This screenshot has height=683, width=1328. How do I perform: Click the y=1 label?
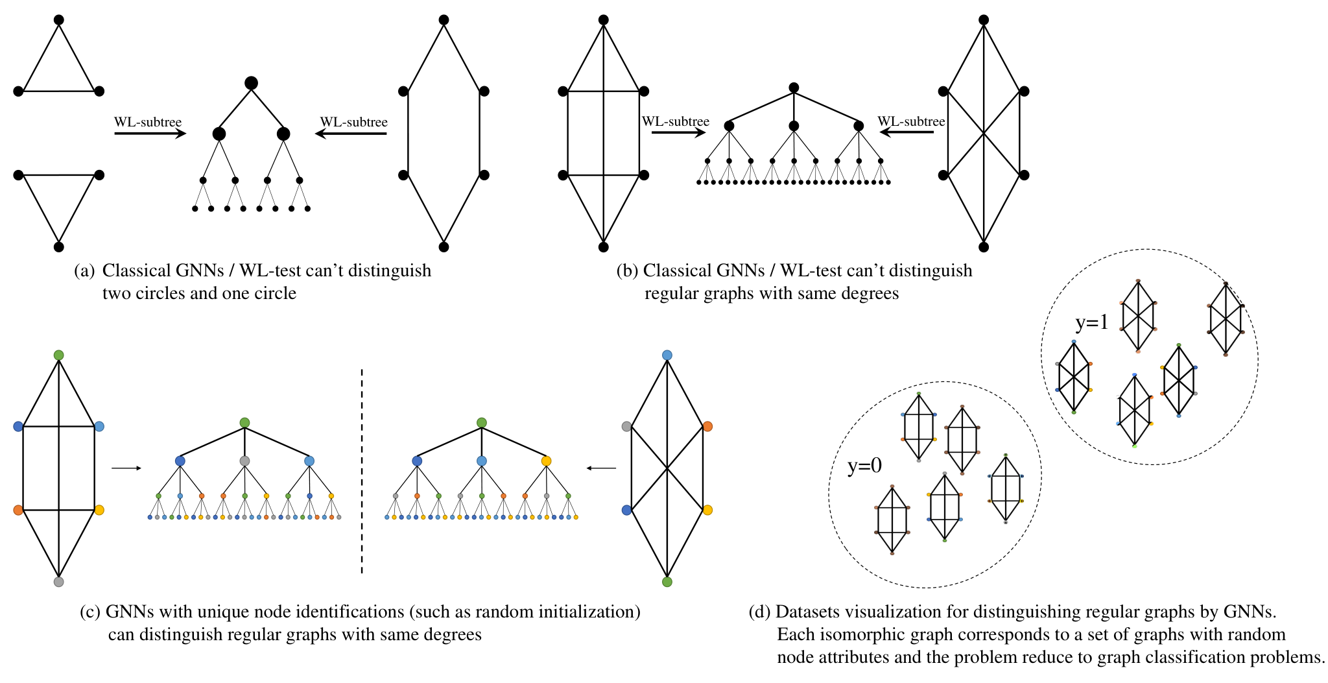1092,322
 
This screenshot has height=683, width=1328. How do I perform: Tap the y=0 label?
864,466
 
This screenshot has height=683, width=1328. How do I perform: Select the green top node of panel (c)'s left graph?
59,355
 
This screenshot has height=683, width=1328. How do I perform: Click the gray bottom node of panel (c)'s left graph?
59,582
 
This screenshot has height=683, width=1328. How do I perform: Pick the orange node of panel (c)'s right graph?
707,426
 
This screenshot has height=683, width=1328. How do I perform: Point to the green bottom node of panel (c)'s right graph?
667,582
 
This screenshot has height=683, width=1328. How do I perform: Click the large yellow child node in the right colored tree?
546,461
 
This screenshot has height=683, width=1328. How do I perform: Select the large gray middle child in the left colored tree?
244,461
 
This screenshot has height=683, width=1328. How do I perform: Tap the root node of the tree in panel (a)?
251,83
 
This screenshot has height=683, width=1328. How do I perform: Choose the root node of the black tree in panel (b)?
794,88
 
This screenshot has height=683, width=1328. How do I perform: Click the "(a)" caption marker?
85,270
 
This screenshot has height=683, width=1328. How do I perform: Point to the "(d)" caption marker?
759,612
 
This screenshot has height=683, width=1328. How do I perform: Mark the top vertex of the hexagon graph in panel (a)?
444,19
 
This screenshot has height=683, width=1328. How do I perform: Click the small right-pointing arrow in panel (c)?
126,468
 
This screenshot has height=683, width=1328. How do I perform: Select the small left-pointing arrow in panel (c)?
601,468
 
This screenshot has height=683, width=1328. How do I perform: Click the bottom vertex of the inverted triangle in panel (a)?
59,246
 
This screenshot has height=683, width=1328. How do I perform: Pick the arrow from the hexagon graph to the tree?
351,134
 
